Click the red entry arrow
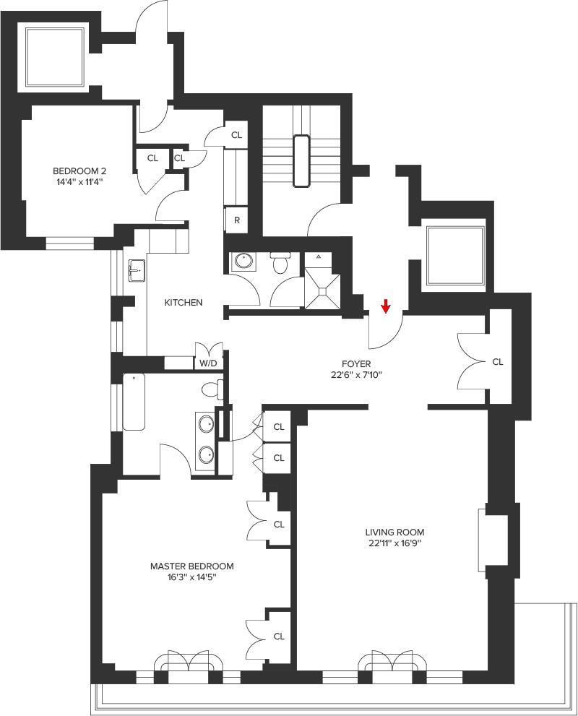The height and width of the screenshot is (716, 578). (386, 306)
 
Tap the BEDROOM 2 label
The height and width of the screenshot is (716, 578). (79, 171)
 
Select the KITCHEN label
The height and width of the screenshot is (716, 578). (183, 303)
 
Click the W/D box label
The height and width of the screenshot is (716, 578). (208, 363)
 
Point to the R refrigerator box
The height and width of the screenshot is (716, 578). (237, 220)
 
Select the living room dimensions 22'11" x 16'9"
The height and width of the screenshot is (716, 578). (394, 543)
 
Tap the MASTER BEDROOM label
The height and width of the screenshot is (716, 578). (191, 566)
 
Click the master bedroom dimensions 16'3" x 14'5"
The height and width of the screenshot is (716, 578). (191, 577)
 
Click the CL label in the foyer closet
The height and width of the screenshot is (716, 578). (497, 362)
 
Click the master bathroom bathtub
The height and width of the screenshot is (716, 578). (134, 402)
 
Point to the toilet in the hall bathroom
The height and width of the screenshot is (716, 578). (280, 264)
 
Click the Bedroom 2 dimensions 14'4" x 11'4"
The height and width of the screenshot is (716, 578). (79, 182)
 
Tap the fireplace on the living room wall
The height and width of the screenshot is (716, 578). (483, 540)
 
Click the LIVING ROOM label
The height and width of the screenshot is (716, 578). (394, 532)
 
